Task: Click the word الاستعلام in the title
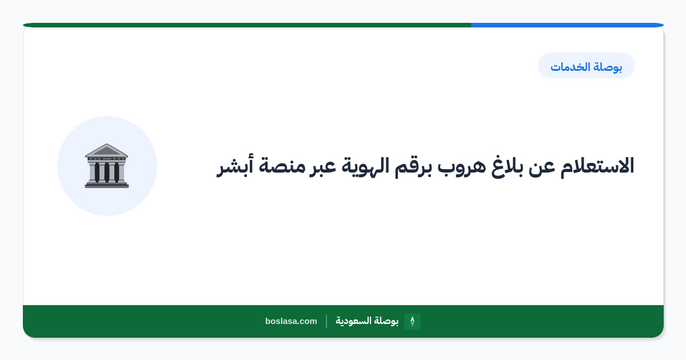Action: coord(597,167)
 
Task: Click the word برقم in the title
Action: coord(413,168)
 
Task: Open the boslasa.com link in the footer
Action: coord(291,321)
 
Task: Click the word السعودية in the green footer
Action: coord(353,321)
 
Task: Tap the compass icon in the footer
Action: coord(412,321)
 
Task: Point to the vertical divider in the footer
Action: coord(326,321)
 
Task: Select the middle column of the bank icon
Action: coord(106,172)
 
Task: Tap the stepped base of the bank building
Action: coord(106,185)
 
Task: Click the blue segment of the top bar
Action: coord(567,25)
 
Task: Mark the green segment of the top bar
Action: coord(247,25)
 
